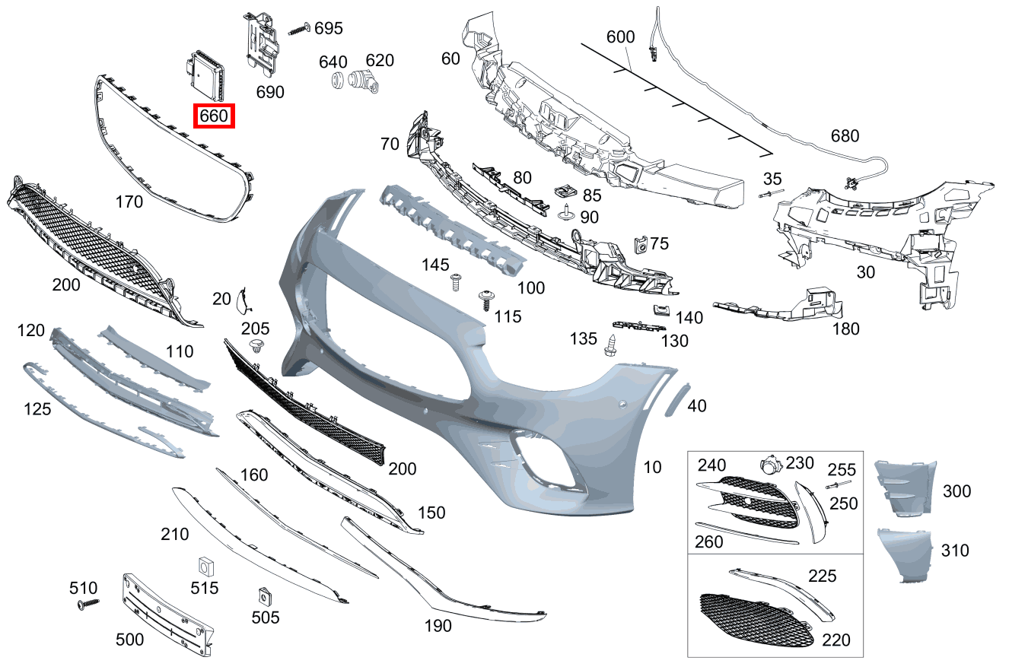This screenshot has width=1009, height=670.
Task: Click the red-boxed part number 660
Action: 214,116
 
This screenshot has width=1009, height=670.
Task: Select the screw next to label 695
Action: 299,29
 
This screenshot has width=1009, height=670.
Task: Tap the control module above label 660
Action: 205,75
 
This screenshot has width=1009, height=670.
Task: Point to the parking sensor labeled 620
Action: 364,81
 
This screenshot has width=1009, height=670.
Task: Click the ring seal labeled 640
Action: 337,81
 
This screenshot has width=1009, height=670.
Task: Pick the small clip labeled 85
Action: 565,192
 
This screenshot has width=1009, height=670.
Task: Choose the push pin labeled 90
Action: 566,212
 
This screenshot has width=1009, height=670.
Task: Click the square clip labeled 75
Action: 641,246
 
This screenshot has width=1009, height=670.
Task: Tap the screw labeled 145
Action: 456,282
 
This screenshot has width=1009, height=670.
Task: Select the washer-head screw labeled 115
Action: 486,300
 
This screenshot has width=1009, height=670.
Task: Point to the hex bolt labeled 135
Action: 611,345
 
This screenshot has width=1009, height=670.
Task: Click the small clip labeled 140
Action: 660,311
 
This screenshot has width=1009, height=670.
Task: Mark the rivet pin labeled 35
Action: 771,194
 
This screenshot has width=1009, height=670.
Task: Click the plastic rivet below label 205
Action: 256,347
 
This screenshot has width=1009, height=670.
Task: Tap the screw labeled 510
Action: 88,604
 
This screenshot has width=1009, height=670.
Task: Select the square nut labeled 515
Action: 206,567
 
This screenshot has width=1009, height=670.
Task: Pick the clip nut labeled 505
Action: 265,596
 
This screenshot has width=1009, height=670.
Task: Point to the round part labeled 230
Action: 771,464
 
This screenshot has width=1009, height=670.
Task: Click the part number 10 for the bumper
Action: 652,467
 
